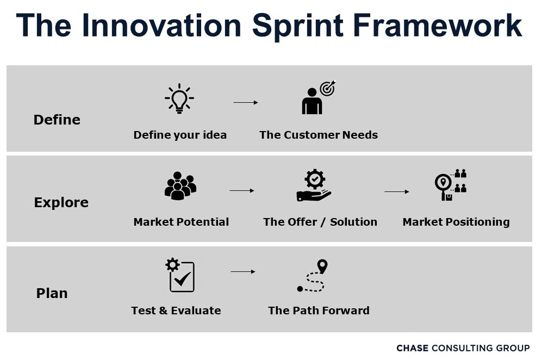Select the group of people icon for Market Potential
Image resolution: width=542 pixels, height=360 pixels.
180,185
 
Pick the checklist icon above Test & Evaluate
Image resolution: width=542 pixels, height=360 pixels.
180,275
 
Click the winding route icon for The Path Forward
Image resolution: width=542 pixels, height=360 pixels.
312,276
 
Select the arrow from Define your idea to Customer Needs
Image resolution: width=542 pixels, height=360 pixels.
246,102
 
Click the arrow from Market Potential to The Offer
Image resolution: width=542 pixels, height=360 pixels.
242,190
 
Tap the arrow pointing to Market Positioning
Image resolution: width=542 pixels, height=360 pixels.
397,191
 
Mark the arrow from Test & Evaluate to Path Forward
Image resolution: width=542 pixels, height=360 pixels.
243,272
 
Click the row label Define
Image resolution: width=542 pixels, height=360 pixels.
57,120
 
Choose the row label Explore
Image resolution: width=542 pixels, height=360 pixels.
61,203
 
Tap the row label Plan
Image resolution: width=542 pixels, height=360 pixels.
52,293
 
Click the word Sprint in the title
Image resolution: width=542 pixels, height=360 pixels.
298,26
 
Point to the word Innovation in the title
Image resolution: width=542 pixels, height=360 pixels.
162,25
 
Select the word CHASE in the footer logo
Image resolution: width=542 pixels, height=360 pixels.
413,348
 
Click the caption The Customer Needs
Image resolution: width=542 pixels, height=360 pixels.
319,135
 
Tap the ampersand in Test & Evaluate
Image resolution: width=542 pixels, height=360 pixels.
163,311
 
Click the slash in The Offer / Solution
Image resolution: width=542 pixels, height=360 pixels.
323,222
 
